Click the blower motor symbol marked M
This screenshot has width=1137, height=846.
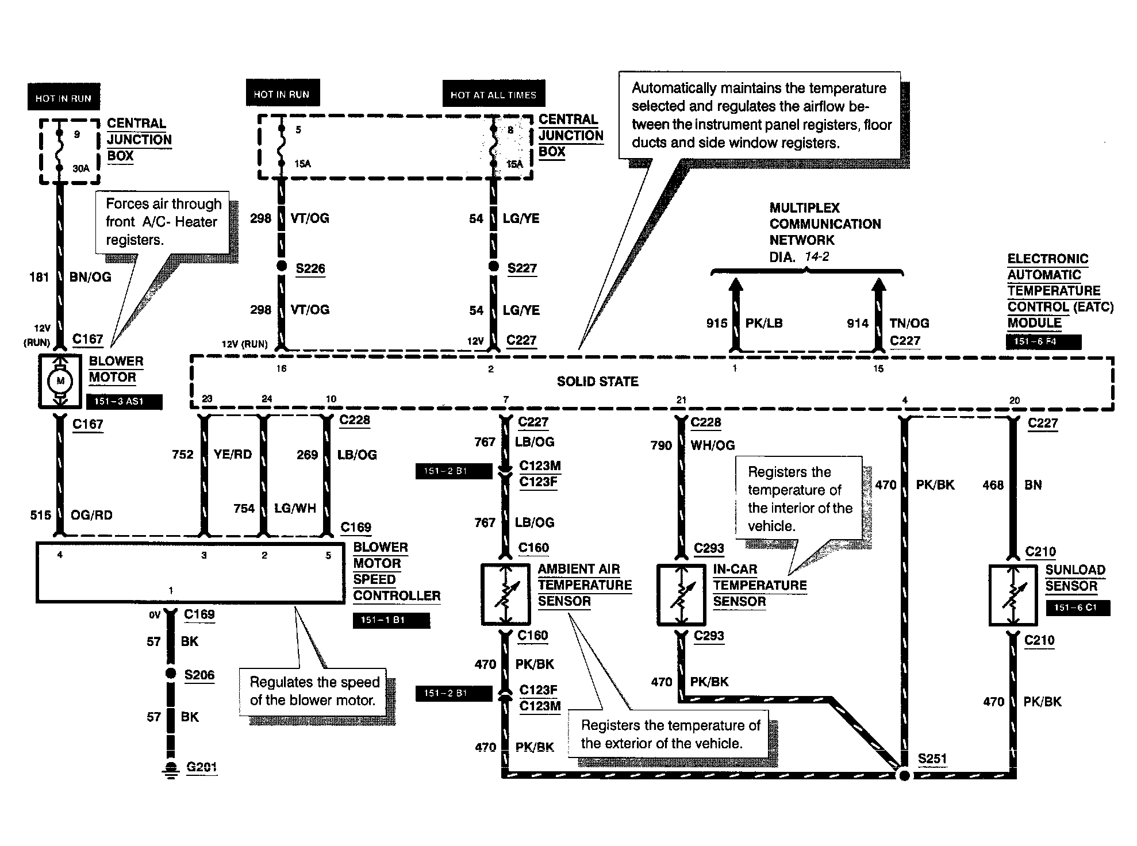(x=60, y=381)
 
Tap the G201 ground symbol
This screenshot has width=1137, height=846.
(x=171, y=768)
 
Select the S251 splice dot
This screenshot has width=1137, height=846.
(x=904, y=775)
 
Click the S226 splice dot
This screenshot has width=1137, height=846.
(x=282, y=266)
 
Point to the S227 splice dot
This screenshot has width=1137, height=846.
(x=493, y=266)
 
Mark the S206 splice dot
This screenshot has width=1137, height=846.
(x=170, y=673)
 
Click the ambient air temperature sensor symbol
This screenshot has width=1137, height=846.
(x=505, y=594)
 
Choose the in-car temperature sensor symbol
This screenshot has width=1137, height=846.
(x=681, y=595)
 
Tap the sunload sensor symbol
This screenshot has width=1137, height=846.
(x=1013, y=595)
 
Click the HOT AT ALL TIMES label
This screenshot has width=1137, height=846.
(x=493, y=95)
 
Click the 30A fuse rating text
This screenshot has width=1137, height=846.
(x=81, y=168)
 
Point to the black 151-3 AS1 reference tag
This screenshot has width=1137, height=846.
(x=124, y=401)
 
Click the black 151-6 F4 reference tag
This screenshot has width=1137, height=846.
(x=1043, y=341)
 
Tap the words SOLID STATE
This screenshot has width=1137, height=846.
(x=597, y=382)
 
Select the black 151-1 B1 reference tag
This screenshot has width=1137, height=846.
(x=391, y=620)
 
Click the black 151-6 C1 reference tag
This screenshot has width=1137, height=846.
(x=1077, y=607)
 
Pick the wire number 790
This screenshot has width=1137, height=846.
(x=661, y=445)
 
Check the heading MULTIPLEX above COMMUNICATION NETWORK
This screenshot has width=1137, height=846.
(x=804, y=208)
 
